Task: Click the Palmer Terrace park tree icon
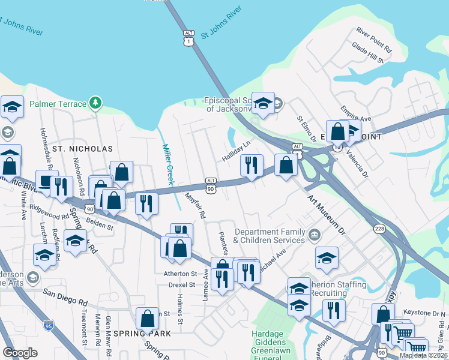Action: point(95,104)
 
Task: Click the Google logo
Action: point(20,353)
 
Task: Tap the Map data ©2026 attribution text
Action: point(423,355)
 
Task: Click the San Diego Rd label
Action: point(65,295)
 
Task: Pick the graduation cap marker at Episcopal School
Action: point(263,103)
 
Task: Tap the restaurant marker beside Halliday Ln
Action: point(252,164)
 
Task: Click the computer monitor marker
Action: point(46,181)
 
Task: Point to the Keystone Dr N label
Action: point(426,313)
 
